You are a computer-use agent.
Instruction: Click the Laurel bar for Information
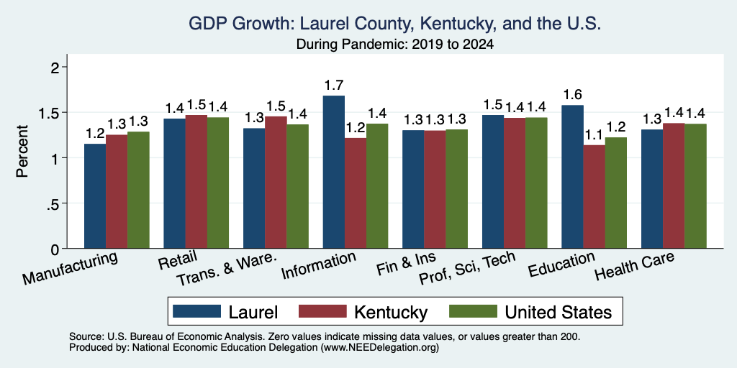click(x=334, y=172)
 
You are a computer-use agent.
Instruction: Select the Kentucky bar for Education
click(x=594, y=197)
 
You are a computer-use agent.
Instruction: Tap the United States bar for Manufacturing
click(x=138, y=190)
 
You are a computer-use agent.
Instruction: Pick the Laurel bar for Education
click(x=572, y=177)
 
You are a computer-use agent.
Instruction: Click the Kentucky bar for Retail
click(x=196, y=182)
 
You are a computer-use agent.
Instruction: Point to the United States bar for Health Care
click(x=696, y=186)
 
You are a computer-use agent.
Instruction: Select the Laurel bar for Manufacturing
click(x=95, y=195)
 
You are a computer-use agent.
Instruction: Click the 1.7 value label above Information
click(x=334, y=86)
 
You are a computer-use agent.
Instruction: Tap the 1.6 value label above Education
click(x=572, y=95)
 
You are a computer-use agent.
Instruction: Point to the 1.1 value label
click(x=594, y=135)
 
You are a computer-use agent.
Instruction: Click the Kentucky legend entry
click(x=363, y=312)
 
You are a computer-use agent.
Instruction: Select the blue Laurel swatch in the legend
click(x=196, y=311)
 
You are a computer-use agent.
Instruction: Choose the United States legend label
click(x=559, y=312)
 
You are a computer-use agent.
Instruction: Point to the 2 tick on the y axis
click(x=56, y=68)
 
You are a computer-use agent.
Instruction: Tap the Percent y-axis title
click(x=22, y=151)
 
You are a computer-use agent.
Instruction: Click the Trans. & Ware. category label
click(x=227, y=269)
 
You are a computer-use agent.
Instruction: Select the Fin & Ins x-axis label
click(x=406, y=264)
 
